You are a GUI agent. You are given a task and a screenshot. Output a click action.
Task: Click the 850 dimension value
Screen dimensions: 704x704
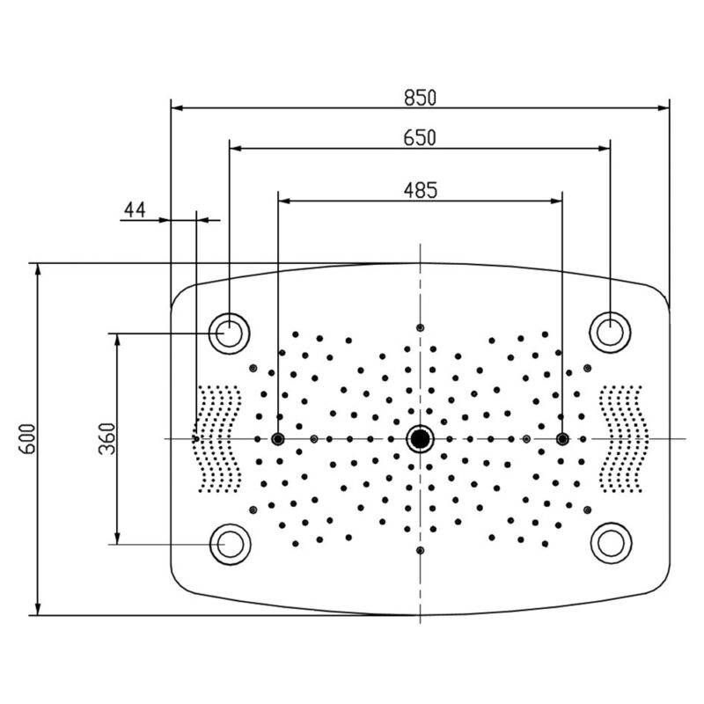[x=421, y=98]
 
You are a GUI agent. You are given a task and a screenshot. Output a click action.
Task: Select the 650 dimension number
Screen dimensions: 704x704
[x=421, y=137]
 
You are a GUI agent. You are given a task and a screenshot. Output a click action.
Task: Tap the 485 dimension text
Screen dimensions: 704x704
[x=421, y=188]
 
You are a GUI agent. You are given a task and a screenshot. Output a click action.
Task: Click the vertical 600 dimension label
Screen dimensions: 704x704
[x=26, y=438]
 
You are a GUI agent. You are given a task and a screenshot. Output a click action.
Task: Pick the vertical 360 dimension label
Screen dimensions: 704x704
[x=106, y=438]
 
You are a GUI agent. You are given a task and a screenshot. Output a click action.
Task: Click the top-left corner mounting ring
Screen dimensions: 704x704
[x=229, y=333]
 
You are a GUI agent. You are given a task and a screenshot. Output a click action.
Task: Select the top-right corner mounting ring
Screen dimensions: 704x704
[x=609, y=332]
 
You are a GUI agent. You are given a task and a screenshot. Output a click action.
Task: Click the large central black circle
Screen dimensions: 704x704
[x=421, y=438]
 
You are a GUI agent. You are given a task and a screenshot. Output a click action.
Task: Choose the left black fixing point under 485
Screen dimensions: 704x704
[x=278, y=438]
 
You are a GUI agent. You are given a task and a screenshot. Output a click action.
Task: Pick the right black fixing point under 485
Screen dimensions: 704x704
[x=562, y=438]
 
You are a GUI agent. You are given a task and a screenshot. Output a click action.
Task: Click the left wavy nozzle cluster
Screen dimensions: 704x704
[x=217, y=438]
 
